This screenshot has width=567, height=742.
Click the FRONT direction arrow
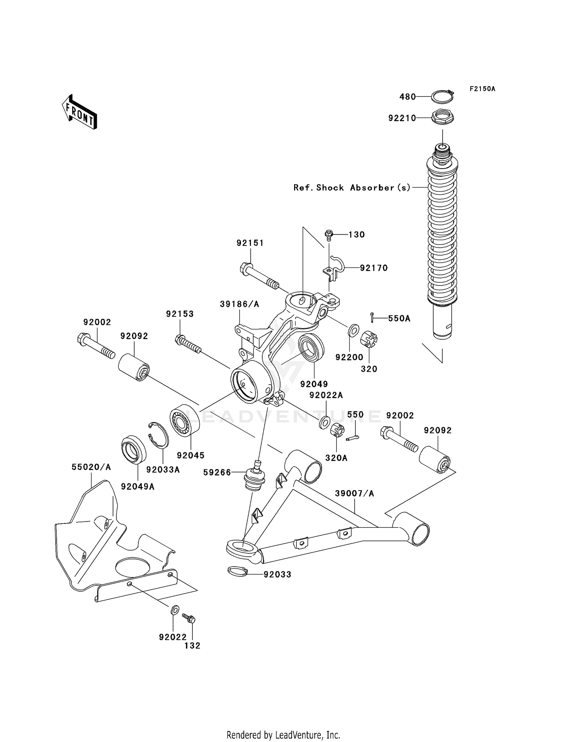click(79, 113)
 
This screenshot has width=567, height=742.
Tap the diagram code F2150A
click(482, 89)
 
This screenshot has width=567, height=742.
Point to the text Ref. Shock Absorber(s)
click(352, 188)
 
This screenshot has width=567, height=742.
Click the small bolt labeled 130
click(328, 235)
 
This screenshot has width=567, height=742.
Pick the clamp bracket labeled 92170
click(333, 268)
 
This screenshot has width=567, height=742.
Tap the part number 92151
click(250, 243)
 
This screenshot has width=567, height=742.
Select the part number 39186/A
click(240, 304)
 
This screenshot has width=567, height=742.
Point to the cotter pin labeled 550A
click(373, 318)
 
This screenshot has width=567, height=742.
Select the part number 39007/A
click(354, 494)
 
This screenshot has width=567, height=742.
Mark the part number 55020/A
click(91, 467)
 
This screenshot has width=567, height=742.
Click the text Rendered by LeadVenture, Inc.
click(283, 735)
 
